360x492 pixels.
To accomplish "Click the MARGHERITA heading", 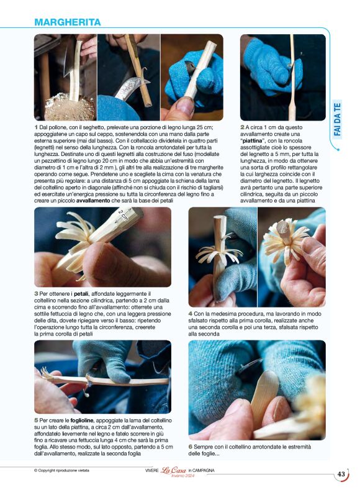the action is [x=68, y=22].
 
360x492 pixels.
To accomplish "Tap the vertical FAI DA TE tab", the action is [x=338, y=119].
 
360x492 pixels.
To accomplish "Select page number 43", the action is [x=341, y=474].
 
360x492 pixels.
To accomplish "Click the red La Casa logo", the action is [x=173, y=470].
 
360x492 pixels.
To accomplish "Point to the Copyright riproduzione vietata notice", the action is [x=61, y=470].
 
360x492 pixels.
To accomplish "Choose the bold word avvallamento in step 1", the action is [x=93, y=201].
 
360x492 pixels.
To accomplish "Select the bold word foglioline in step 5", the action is [x=81, y=421].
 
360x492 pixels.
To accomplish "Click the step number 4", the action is [x=191, y=314].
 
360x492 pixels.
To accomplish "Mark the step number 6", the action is [x=191, y=447].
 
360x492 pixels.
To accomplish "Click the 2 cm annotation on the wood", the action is [x=124, y=215].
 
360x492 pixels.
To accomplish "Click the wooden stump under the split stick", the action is [x=70, y=107].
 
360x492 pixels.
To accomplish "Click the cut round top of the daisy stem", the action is [x=284, y=227].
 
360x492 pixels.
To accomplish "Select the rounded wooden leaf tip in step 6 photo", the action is [x=268, y=376].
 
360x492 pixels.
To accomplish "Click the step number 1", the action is [x=36, y=127].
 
